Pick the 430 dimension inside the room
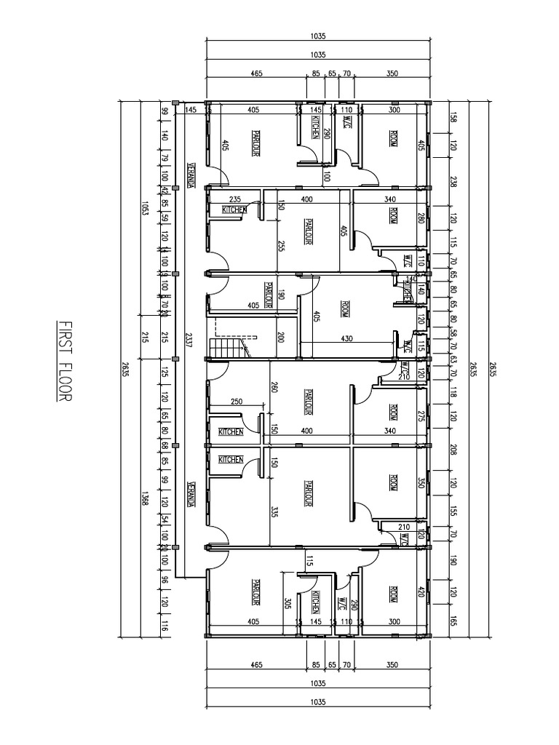pyautogui.click(x=346, y=338)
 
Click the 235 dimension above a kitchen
pyautogui.click(x=235, y=199)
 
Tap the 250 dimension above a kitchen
pyautogui.click(x=236, y=402)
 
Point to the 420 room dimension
pyautogui.click(x=420, y=591)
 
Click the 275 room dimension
pyautogui.click(x=420, y=416)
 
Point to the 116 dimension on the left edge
pyautogui.click(x=165, y=623)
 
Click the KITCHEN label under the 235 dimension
pyautogui.click(x=234, y=210)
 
